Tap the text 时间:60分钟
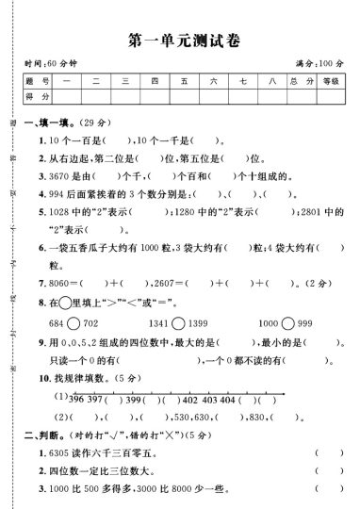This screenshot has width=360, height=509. point(53,63)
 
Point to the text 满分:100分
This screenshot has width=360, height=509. point(319,63)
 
